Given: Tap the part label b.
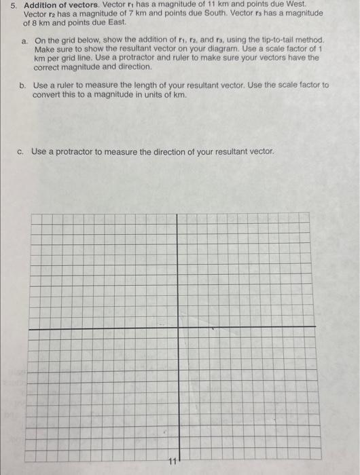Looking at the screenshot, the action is [x=24, y=85].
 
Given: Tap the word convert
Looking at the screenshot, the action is [x=47, y=94].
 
